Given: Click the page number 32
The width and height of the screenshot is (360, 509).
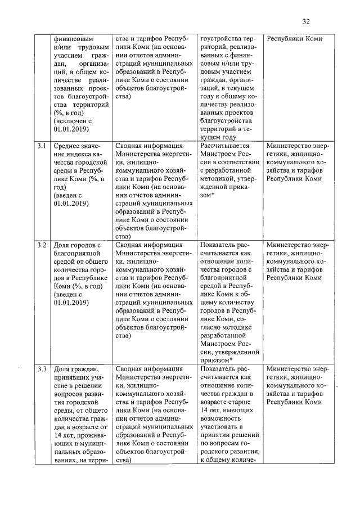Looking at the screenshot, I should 306,22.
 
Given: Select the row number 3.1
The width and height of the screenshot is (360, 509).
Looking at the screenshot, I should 42,146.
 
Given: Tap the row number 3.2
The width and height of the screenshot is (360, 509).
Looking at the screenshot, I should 42,246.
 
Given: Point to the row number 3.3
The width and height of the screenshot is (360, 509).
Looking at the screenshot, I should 42,370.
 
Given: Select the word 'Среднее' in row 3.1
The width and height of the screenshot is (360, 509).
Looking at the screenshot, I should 68,146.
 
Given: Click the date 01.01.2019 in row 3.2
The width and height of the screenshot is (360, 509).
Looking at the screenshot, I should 71,303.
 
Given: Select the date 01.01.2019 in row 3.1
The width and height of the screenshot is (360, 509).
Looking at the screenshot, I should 71,204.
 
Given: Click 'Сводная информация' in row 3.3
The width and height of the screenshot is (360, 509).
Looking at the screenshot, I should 148,370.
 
